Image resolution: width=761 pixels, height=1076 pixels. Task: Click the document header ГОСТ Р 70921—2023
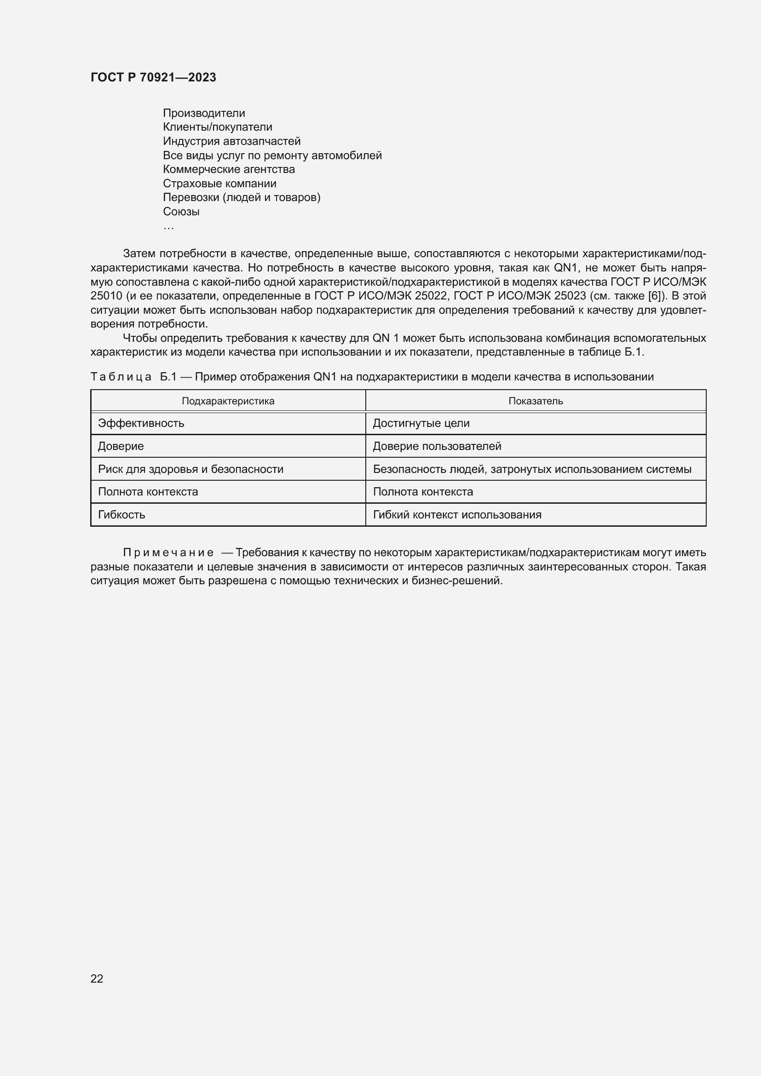tap(153, 77)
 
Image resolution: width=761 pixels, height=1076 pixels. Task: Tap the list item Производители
tap(204, 113)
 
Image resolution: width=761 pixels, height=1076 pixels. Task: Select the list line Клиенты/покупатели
tap(218, 127)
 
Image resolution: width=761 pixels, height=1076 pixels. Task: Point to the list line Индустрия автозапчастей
tap(231, 141)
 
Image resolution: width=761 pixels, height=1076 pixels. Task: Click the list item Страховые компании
tap(219, 183)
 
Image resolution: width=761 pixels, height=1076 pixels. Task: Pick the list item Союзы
tap(181, 211)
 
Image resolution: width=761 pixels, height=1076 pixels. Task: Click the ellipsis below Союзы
tap(168, 227)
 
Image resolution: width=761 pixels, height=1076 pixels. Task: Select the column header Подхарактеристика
tap(228, 401)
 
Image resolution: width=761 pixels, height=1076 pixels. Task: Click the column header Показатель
tap(535, 401)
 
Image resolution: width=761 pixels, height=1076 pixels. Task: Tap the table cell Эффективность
tap(141, 423)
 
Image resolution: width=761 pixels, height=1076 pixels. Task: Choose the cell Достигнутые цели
tap(421, 423)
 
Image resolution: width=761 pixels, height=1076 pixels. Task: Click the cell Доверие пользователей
tap(437, 446)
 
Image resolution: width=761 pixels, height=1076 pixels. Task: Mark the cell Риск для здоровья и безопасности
tap(190, 469)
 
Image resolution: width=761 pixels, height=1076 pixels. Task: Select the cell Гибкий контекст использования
tap(457, 515)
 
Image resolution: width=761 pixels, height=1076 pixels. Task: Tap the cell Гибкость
tap(121, 515)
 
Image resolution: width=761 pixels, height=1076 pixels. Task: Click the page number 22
tap(97, 978)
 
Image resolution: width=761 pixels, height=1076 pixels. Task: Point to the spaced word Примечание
tap(168, 552)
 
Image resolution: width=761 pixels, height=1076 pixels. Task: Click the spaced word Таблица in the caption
tap(121, 377)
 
